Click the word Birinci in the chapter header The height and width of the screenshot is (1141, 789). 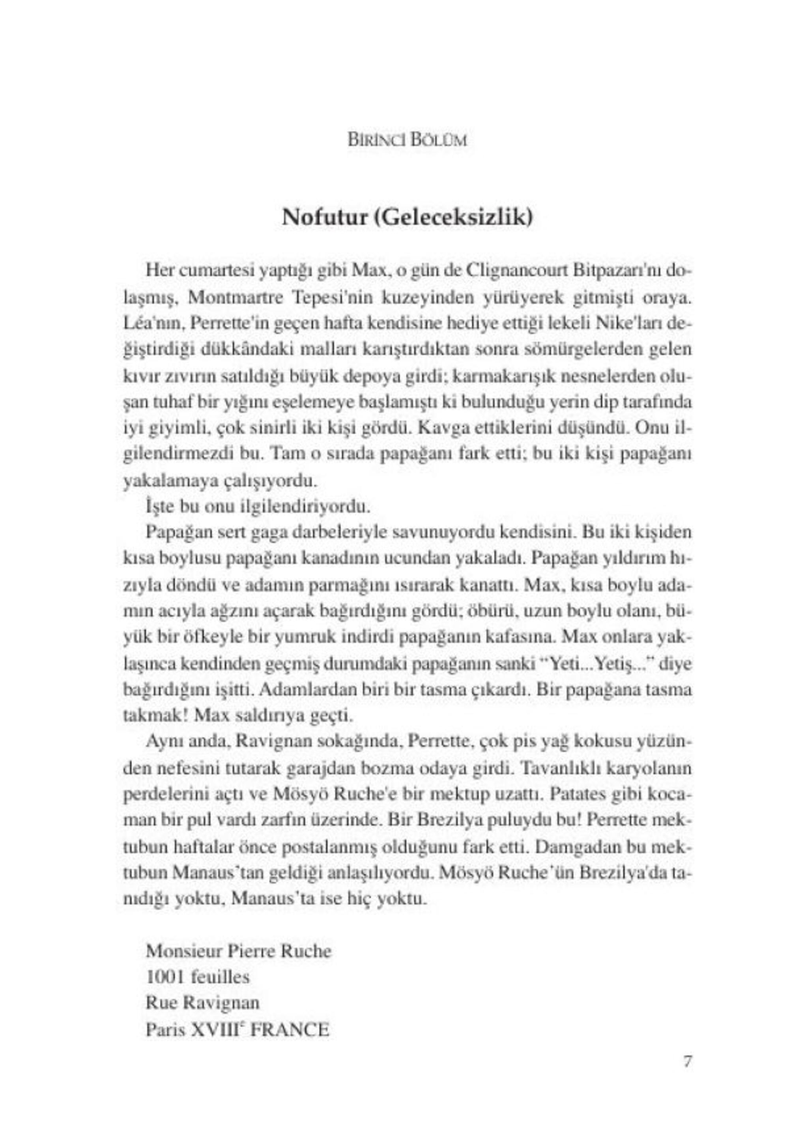[x=370, y=140]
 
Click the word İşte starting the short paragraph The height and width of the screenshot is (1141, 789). [x=161, y=507]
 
